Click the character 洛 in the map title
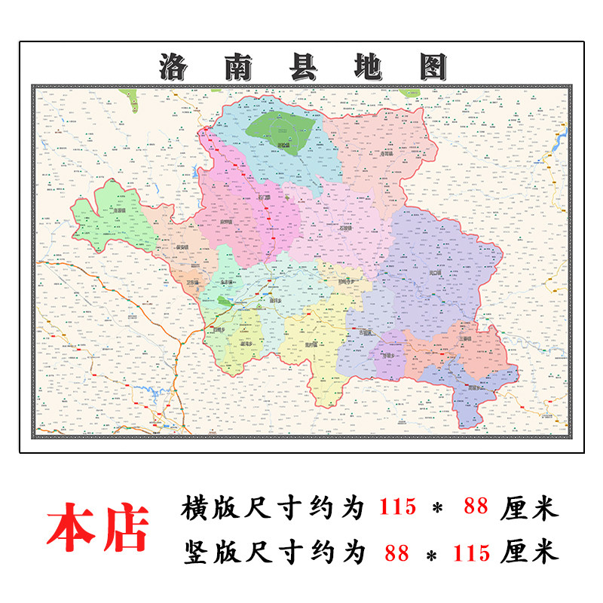click(175, 66)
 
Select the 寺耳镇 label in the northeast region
click(387, 153)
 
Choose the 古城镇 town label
click(366, 330)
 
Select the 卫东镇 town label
click(194, 283)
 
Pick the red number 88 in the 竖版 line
click(396, 552)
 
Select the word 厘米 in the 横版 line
click(529, 508)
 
